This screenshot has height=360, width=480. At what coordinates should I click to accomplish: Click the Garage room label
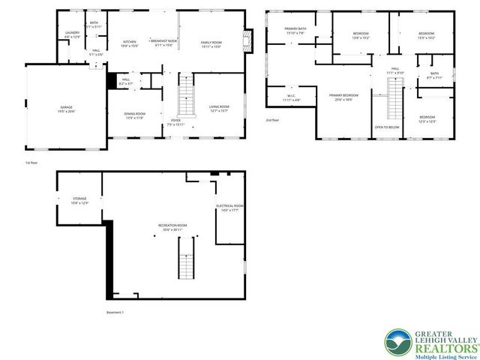67,108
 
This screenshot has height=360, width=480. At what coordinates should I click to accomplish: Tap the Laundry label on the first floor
72,33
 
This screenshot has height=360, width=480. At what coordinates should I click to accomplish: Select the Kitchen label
129,42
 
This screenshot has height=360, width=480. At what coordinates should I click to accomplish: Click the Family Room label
211,42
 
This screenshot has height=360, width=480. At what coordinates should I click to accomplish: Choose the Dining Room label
135,113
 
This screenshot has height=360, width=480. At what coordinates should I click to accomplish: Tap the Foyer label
175,120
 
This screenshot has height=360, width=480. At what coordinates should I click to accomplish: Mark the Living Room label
219,107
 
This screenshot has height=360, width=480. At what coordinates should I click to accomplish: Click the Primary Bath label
293,29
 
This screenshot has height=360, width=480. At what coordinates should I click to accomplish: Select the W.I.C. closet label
292,96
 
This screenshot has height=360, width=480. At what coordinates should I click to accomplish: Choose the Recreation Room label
172,226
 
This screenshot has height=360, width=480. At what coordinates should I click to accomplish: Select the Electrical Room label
230,206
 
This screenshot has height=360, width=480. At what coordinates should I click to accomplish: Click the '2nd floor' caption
272,119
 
